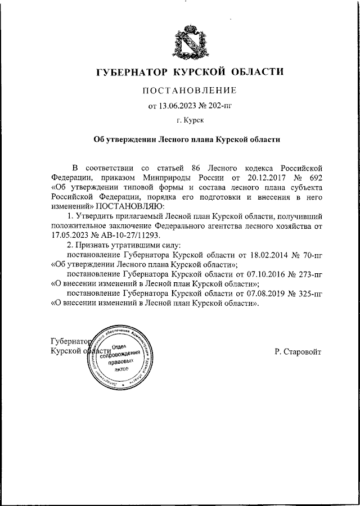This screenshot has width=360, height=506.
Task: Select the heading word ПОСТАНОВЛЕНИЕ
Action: (188, 90)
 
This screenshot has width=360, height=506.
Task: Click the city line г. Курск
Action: (190, 120)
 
